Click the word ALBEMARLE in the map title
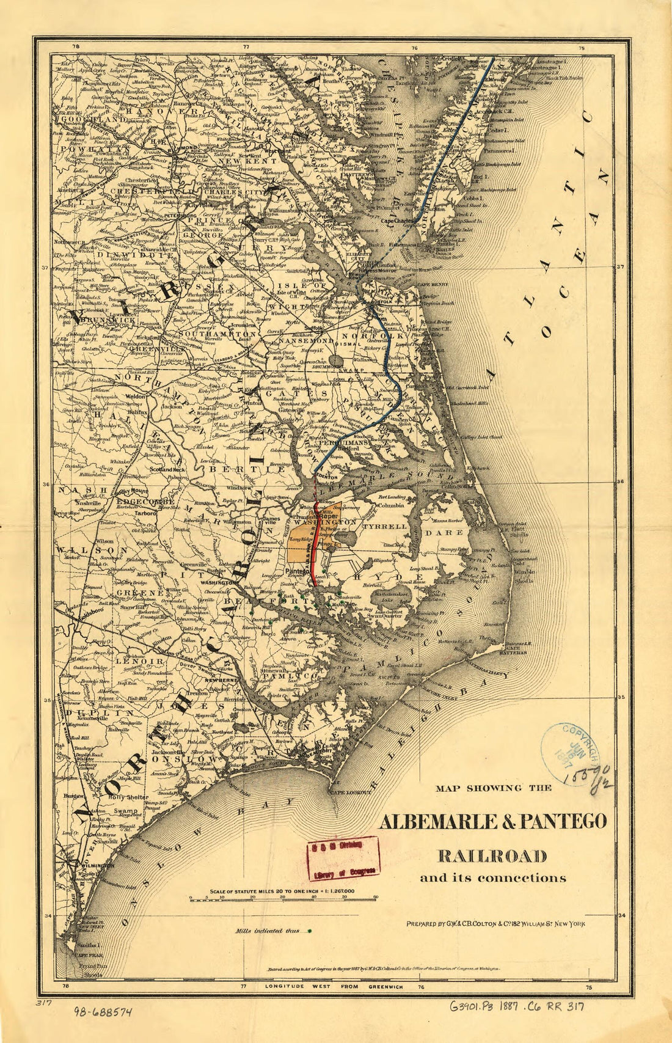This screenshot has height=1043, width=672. click(x=436, y=821)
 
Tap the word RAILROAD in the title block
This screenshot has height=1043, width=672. click(x=492, y=854)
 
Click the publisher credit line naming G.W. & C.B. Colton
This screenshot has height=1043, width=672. click(x=495, y=924)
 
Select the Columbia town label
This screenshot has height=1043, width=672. click(x=391, y=505)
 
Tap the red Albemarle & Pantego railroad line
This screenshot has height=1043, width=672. click(x=313, y=550)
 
